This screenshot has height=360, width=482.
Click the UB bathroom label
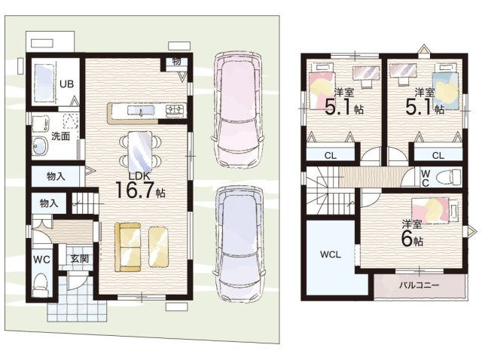[66, 84]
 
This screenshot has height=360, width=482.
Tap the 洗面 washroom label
[60, 136]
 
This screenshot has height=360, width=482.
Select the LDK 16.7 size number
[135, 190]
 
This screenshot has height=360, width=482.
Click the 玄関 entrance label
[80, 258]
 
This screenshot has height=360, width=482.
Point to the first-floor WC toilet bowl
[40, 282]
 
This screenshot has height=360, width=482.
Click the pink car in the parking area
[236, 111]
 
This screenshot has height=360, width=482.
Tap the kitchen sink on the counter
[141, 111]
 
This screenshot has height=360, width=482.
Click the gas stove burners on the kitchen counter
[175, 111]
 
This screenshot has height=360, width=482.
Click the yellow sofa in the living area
[127, 247]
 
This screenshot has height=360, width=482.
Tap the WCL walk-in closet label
[331, 255]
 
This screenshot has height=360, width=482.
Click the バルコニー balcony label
[419, 285]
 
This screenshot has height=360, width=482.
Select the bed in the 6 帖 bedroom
[435, 209]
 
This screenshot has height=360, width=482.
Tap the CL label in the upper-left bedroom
[331, 156]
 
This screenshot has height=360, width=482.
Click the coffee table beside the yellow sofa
[159, 247]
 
